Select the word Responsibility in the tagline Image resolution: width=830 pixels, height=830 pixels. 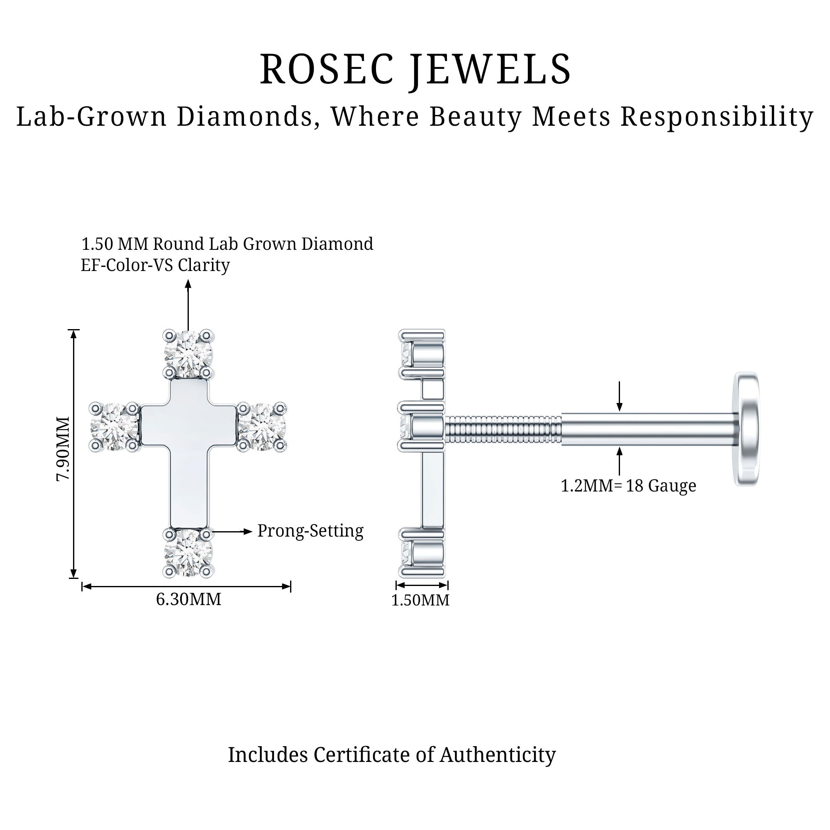pyautogui.click(x=717, y=117)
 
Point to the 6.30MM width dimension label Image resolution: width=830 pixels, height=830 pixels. pyautogui.click(x=188, y=599)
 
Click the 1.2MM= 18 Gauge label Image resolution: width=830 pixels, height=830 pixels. pyautogui.click(x=628, y=486)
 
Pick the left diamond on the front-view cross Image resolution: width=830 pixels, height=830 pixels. pyautogui.click(x=115, y=427)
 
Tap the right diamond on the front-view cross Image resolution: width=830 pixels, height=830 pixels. pyautogui.click(x=262, y=427)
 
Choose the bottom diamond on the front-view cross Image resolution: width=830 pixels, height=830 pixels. pyautogui.click(x=188, y=552)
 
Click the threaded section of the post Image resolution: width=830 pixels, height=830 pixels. pyautogui.click(x=503, y=428)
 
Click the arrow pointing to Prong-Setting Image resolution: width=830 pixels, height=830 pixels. pyautogui.click(x=232, y=532)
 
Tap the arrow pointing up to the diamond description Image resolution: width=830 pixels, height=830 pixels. pyautogui.click(x=188, y=305)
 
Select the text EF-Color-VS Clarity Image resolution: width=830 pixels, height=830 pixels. pyautogui.click(x=155, y=265)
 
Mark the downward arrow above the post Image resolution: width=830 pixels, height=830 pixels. pyautogui.click(x=619, y=395)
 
